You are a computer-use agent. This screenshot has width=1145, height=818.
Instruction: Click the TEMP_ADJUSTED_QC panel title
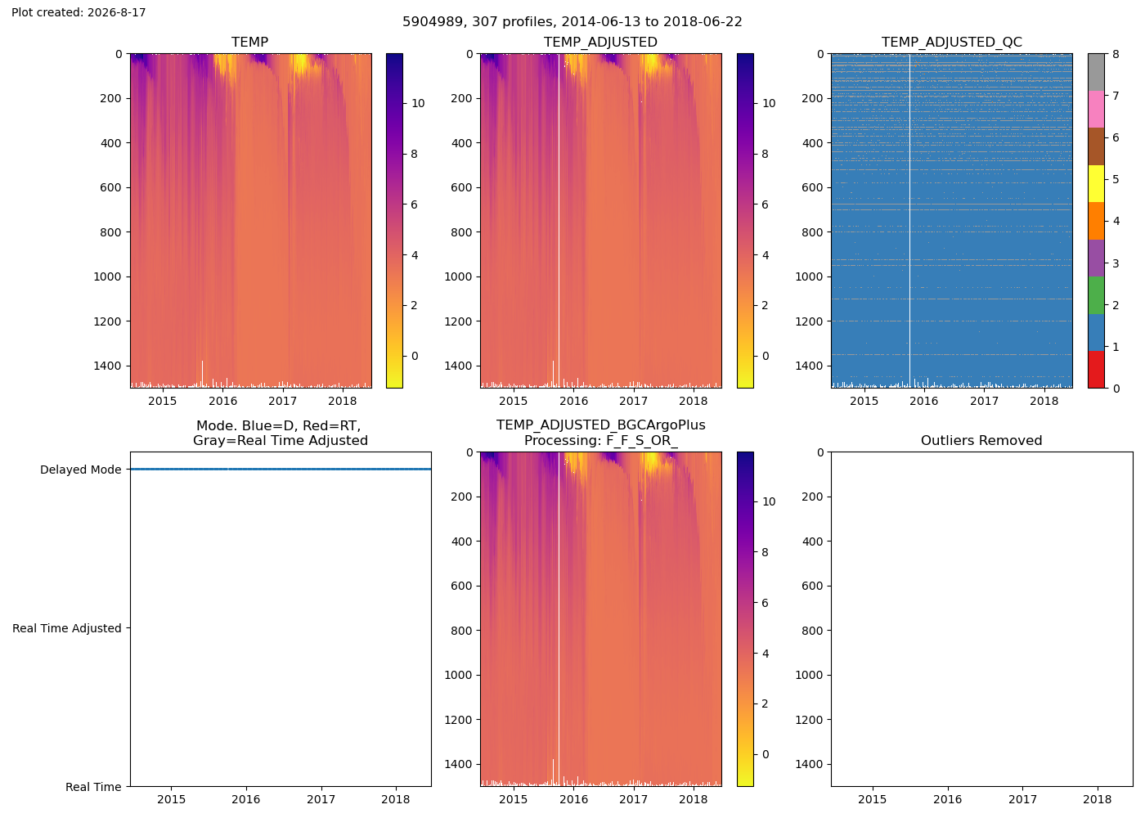(x=951, y=42)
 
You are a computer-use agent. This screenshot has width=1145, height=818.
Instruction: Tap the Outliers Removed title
(x=981, y=440)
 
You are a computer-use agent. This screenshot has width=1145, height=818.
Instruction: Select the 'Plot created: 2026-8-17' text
(x=79, y=12)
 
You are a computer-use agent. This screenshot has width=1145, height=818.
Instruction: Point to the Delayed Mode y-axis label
(x=81, y=470)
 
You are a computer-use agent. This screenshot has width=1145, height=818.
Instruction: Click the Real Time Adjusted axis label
(x=67, y=628)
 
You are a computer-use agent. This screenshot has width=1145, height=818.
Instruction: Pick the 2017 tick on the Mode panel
(x=321, y=798)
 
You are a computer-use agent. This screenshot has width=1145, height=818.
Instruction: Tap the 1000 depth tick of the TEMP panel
(x=108, y=276)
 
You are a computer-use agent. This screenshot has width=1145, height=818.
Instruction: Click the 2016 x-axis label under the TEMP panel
(x=222, y=400)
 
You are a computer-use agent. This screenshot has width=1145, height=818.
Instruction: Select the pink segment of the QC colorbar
(x=1096, y=109)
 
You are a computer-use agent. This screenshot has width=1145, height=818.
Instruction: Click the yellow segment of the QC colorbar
(x=1096, y=183)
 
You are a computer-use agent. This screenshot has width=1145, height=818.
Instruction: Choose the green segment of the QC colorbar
(x=1096, y=295)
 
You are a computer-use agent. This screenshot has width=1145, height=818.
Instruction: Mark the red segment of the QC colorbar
(x=1096, y=370)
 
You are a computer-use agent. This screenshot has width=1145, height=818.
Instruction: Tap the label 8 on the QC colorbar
(x=1116, y=54)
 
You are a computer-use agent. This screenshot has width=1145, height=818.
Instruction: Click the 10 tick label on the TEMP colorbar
(x=418, y=103)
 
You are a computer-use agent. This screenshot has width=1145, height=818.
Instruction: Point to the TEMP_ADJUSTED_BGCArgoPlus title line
(x=600, y=425)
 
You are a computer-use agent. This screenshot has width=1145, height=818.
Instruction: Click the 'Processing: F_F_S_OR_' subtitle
(x=600, y=440)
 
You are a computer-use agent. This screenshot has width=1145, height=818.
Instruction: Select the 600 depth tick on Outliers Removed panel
(x=812, y=586)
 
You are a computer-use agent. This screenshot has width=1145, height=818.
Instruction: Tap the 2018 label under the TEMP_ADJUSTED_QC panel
(x=1044, y=400)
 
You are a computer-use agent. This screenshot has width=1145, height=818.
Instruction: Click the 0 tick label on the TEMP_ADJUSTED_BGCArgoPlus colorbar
(x=766, y=754)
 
